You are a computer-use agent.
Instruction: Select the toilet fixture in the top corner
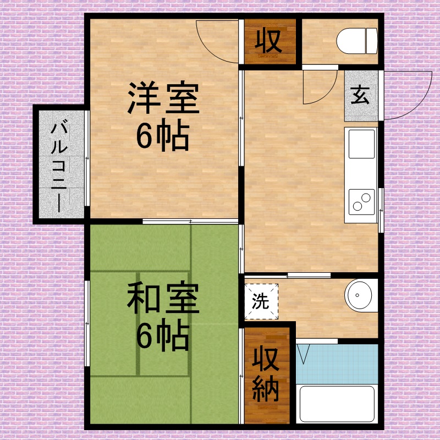357,42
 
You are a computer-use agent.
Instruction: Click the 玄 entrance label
361,96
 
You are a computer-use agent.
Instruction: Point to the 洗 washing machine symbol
260,301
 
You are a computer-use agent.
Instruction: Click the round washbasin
361,297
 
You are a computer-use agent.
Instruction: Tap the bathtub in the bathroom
337,404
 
